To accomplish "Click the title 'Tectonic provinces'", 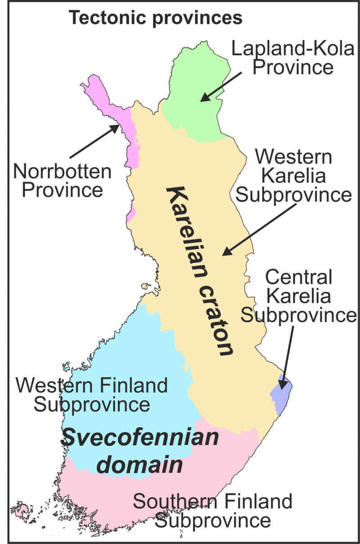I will click(x=155, y=18).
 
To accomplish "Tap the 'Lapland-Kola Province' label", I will click(x=293, y=58).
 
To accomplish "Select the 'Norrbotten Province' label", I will click(x=62, y=181).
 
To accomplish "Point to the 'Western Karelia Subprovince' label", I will click(x=293, y=176).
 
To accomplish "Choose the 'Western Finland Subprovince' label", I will click(x=92, y=395).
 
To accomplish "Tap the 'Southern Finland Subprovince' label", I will click(x=213, y=511).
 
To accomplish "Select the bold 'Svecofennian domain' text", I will click(x=140, y=451).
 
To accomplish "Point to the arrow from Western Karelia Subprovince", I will click(x=260, y=229).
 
